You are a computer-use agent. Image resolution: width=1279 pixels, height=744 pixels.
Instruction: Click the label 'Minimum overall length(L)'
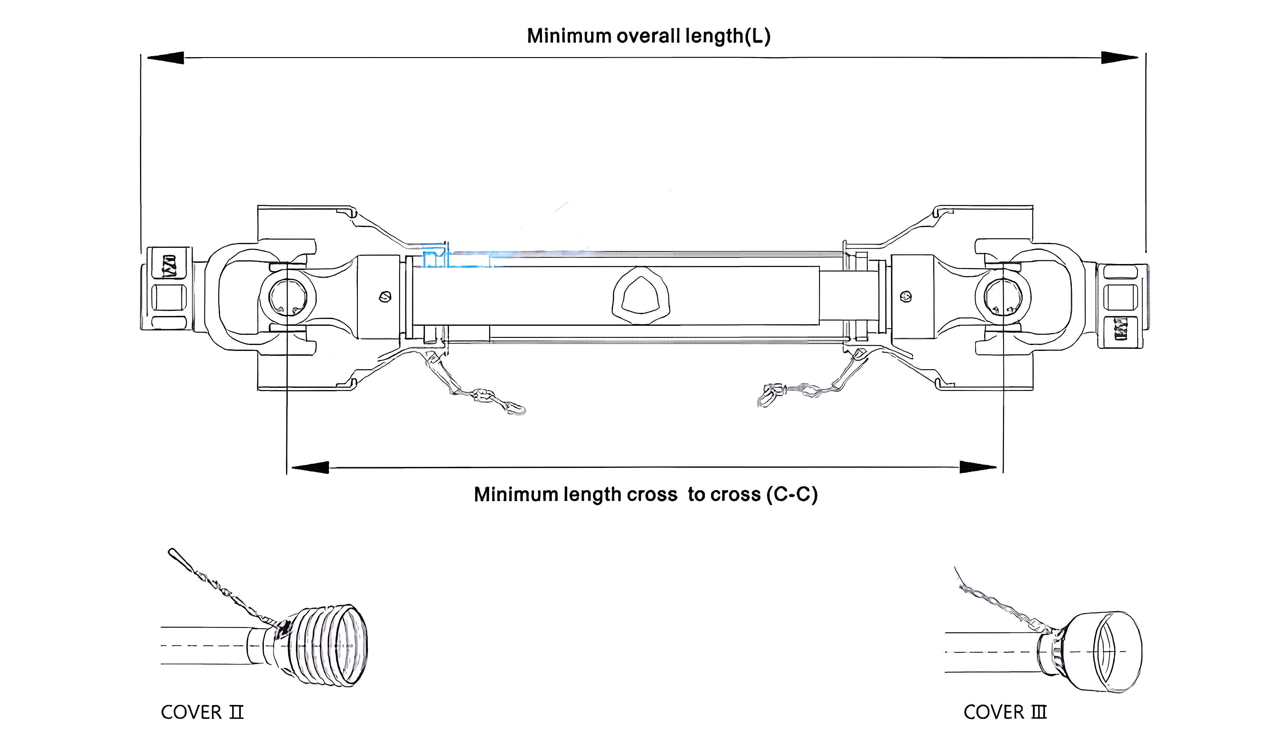click(x=649, y=36)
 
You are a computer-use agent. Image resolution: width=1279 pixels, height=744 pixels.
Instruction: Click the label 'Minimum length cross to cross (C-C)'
click(x=646, y=494)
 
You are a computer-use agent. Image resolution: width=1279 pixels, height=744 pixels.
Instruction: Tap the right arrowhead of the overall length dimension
click(x=1119, y=58)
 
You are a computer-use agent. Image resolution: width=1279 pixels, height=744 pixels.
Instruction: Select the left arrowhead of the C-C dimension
click(x=310, y=468)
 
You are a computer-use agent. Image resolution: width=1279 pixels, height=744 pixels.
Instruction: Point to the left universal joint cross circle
click(x=287, y=297)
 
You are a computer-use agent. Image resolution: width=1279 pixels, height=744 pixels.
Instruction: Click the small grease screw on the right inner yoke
click(x=905, y=296)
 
